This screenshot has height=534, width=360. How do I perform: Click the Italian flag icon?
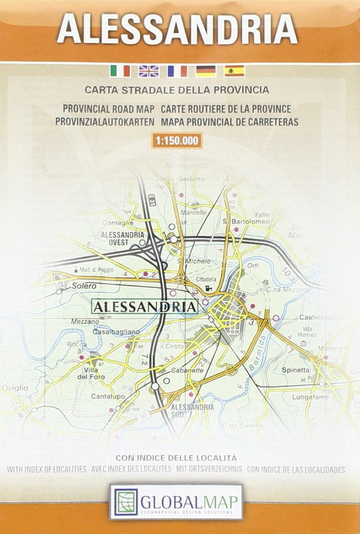120,71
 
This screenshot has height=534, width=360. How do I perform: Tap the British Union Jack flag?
148,71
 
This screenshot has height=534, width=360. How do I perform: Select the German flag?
206,71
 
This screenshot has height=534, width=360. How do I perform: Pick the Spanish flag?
234,71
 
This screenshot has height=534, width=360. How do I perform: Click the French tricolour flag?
177,71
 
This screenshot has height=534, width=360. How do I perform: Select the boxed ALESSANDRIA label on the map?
145,307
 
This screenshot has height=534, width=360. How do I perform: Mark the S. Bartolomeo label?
246,222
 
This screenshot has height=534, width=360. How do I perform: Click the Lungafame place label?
310,397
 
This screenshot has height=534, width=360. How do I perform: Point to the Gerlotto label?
191,179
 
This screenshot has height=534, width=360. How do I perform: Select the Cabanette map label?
188,371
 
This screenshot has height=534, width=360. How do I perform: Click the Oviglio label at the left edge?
14,388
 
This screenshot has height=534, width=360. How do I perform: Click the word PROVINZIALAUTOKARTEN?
104,122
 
